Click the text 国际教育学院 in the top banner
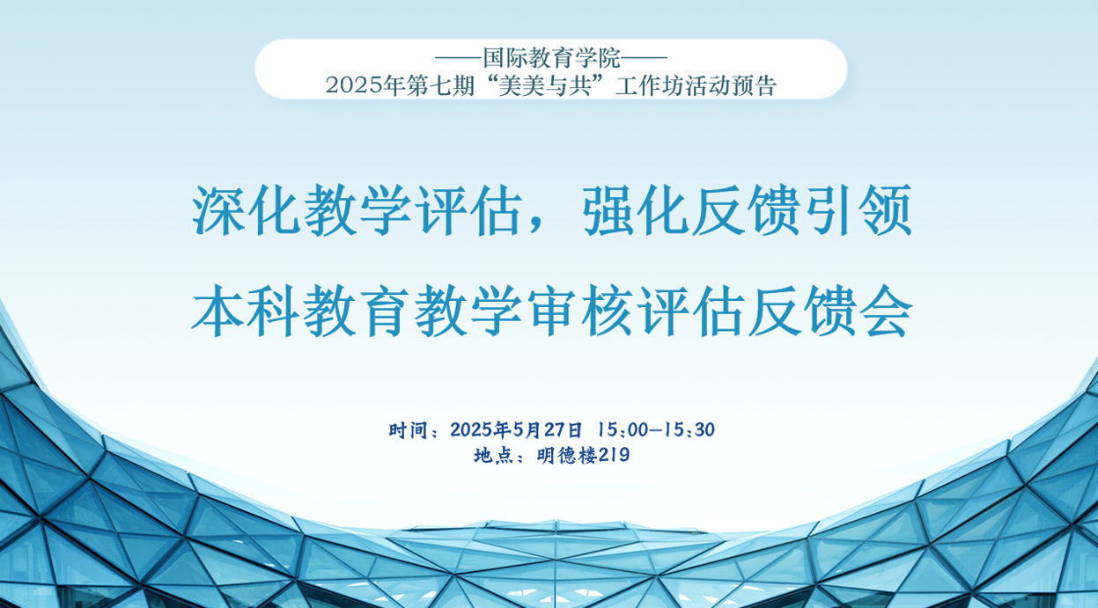point(552,58)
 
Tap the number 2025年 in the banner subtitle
point(365,85)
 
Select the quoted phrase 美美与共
point(550,85)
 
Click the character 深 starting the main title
point(218,210)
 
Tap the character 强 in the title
point(609,210)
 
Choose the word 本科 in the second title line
point(246,311)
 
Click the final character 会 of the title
point(887,311)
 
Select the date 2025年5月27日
point(516,430)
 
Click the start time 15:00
point(623,430)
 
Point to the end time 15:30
point(690,430)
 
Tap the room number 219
point(614,456)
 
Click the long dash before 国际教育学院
point(460,58)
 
